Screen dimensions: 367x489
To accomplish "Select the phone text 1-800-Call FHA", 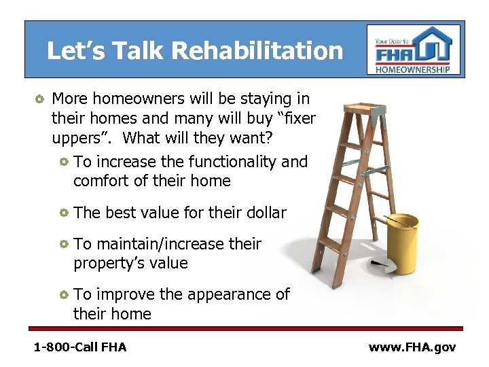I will point(80,347).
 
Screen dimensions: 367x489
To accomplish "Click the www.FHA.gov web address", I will point(412,347).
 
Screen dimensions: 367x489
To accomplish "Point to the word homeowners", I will point(137,99).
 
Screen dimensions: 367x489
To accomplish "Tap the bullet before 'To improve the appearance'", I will point(64,295).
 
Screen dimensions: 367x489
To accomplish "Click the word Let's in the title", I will point(71,51).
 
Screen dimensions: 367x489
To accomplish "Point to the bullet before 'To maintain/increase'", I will point(64,244).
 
